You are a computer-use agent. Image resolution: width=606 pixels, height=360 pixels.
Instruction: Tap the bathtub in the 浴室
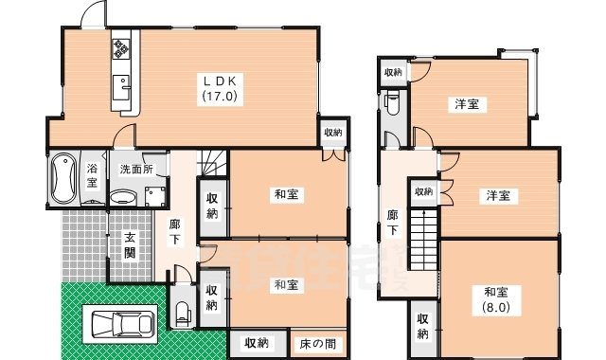click(x=65, y=177)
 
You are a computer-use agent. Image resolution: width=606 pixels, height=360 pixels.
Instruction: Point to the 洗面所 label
click(x=136, y=170)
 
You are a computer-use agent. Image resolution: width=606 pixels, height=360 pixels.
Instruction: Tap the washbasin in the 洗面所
click(x=122, y=197)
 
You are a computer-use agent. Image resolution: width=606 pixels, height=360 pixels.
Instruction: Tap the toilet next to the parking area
click(x=183, y=312)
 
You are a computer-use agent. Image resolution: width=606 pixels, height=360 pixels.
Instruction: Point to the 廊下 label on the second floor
click(x=393, y=224)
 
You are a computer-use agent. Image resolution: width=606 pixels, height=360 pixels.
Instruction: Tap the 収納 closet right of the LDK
click(x=331, y=133)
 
